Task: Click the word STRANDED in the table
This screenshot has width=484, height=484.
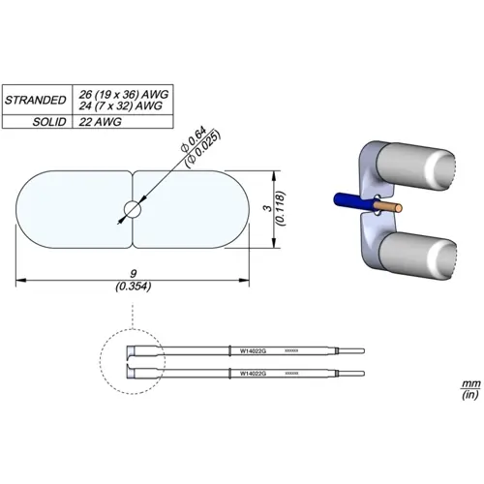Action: [x=35, y=100]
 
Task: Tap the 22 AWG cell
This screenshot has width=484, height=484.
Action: [x=100, y=123]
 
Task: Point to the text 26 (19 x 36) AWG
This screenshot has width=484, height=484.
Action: [x=125, y=94]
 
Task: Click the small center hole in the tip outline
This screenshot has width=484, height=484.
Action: [x=133, y=208]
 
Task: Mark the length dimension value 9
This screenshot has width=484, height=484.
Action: [x=132, y=275]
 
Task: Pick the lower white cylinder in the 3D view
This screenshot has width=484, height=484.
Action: [x=414, y=257]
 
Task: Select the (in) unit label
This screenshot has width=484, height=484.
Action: [x=469, y=396]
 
